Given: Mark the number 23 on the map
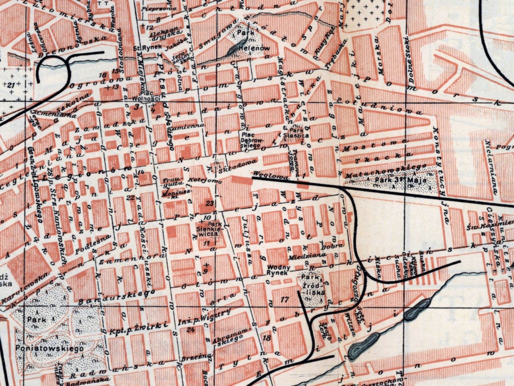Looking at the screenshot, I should click(209, 203).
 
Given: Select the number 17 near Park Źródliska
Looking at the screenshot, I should click(284, 299).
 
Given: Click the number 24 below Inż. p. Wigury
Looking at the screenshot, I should click(190, 330).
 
